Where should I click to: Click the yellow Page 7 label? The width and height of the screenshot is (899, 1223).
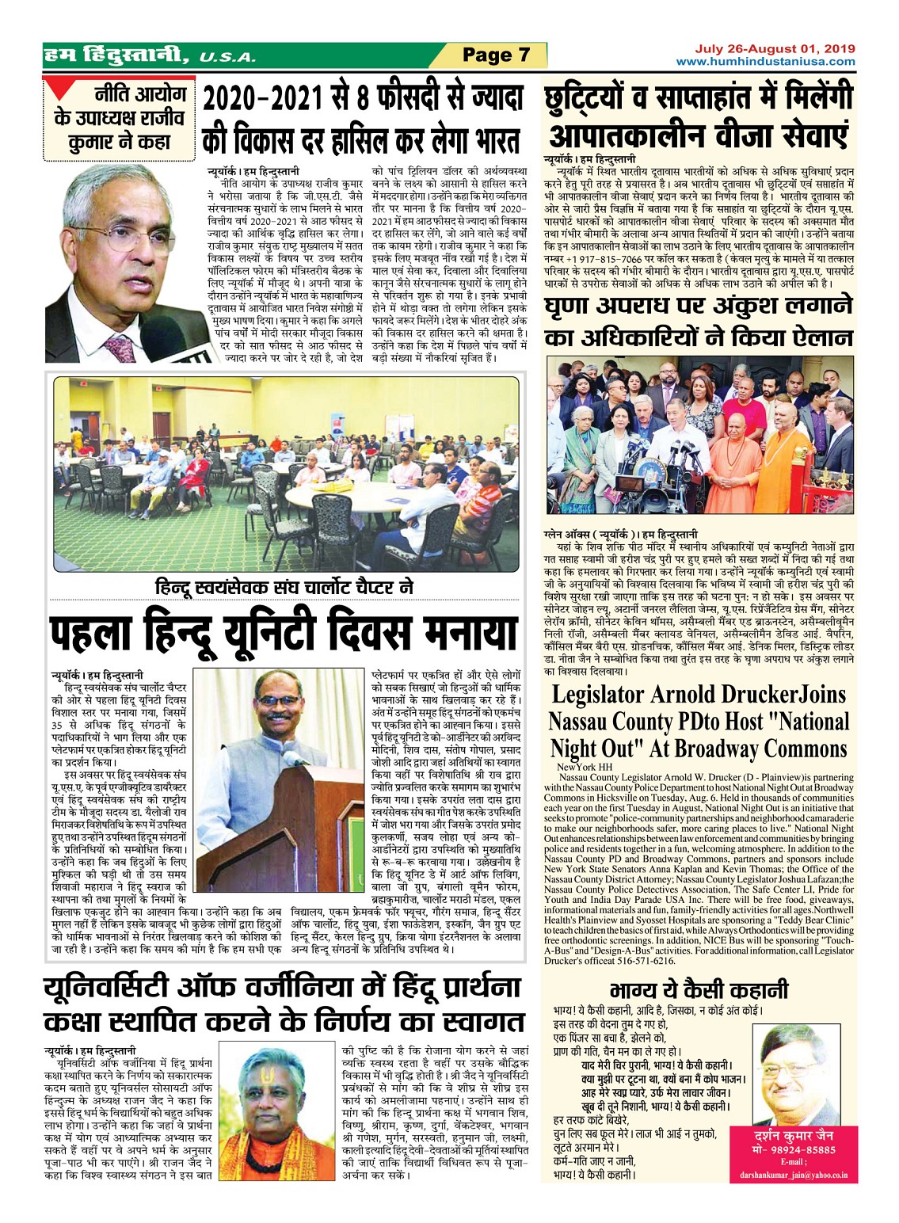tap(496, 55)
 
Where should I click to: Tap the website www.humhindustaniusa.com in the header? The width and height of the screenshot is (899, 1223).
tap(765, 62)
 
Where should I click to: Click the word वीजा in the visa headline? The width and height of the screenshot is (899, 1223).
tap(716, 133)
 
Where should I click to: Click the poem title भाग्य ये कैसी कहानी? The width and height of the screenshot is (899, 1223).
tap(699, 990)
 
